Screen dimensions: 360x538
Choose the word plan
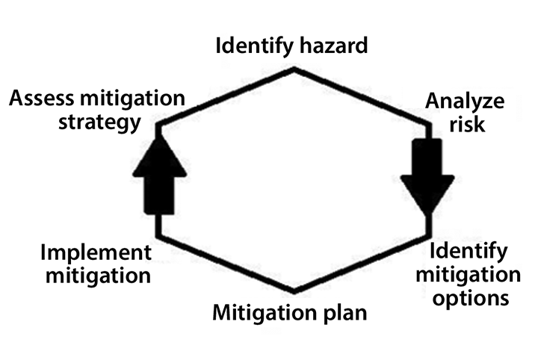[x=344, y=311]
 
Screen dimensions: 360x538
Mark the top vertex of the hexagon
[x=294, y=69]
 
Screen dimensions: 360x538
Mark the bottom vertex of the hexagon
[x=294, y=291]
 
